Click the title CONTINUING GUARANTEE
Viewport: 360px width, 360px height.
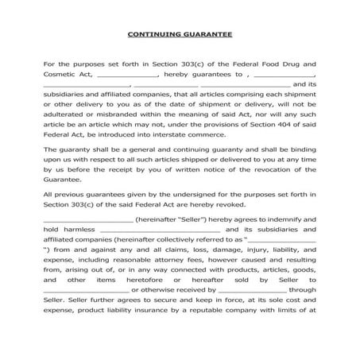[x=180, y=35]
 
